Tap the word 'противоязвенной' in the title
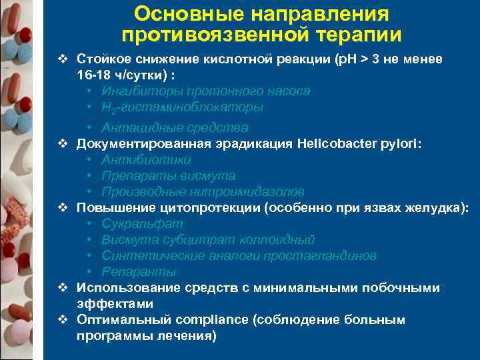tap(215, 34)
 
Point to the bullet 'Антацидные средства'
tap(175, 127)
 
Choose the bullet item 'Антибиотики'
tap(146, 159)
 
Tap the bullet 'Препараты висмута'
tap(168, 175)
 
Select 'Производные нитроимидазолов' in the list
tap(203, 191)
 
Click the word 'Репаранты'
tap(139, 271)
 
